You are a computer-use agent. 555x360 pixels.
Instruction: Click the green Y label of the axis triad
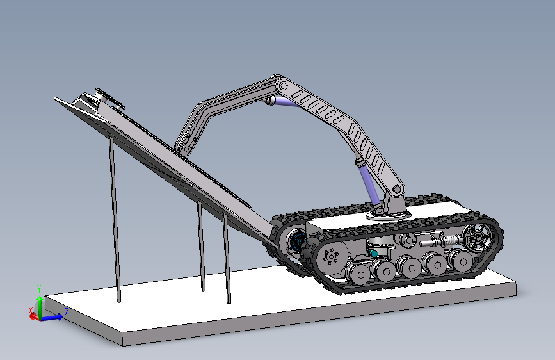coord(39,289)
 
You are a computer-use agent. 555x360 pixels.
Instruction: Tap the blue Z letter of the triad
coord(66,312)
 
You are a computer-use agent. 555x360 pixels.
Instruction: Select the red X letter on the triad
coord(31,311)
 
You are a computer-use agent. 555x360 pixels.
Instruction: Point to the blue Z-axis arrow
coord(51,318)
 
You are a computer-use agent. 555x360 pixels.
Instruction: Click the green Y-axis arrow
coord(40,307)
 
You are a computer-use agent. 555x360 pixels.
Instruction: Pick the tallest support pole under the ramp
coord(115,220)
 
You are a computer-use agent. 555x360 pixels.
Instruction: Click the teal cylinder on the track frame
coord(373,253)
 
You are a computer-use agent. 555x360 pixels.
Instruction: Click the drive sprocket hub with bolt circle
coord(331,256)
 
